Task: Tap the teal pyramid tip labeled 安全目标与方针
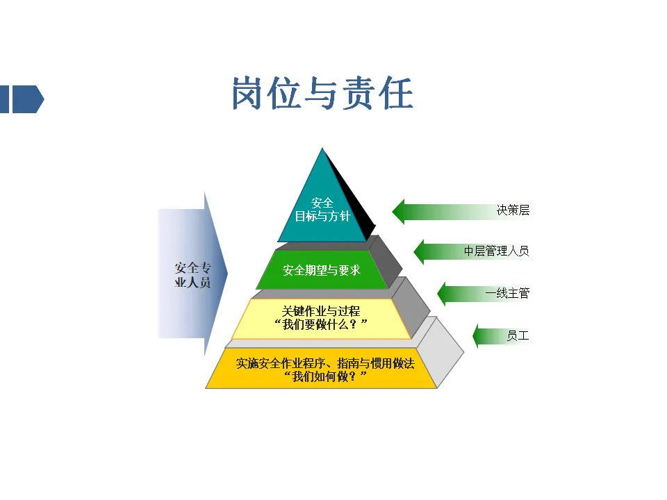point(322,208)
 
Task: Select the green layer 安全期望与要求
point(322,270)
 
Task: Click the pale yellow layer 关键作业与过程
point(321,318)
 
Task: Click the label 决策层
point(513,210)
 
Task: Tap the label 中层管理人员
point(496,251)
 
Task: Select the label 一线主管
point(507,293)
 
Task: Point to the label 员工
point(518,336)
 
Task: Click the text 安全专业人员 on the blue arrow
point(192,276)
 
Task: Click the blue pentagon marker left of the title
point(28,99)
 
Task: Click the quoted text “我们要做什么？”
point(321,325)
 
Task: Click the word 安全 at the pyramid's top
point(322,203)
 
